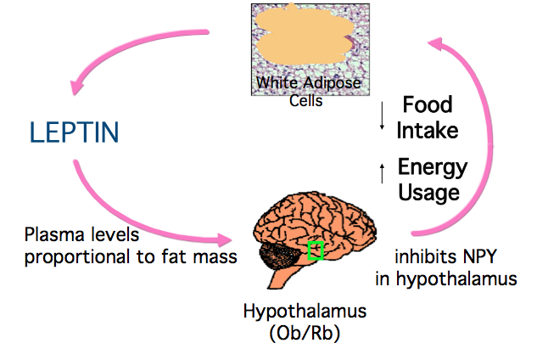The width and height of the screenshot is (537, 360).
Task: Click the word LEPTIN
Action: pyautogui.click(x=75, y=132)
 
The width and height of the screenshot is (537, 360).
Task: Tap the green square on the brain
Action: pyautogui.click(x=316, y=250)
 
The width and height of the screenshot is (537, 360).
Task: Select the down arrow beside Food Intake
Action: pyautogui.click(x=383, y=117)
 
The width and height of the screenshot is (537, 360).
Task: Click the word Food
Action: pyautogui.click(x=428, y=105)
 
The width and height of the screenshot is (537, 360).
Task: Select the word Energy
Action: pyautogui.click(x=433, y=166)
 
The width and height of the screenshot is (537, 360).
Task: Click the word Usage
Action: pyautogui.click(x=429, y=192)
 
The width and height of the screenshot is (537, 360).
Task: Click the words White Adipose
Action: pyautogui.click(x=309, y=85)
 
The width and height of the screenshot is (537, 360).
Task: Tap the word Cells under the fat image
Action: pyautogui.click(x=308, y=102)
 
